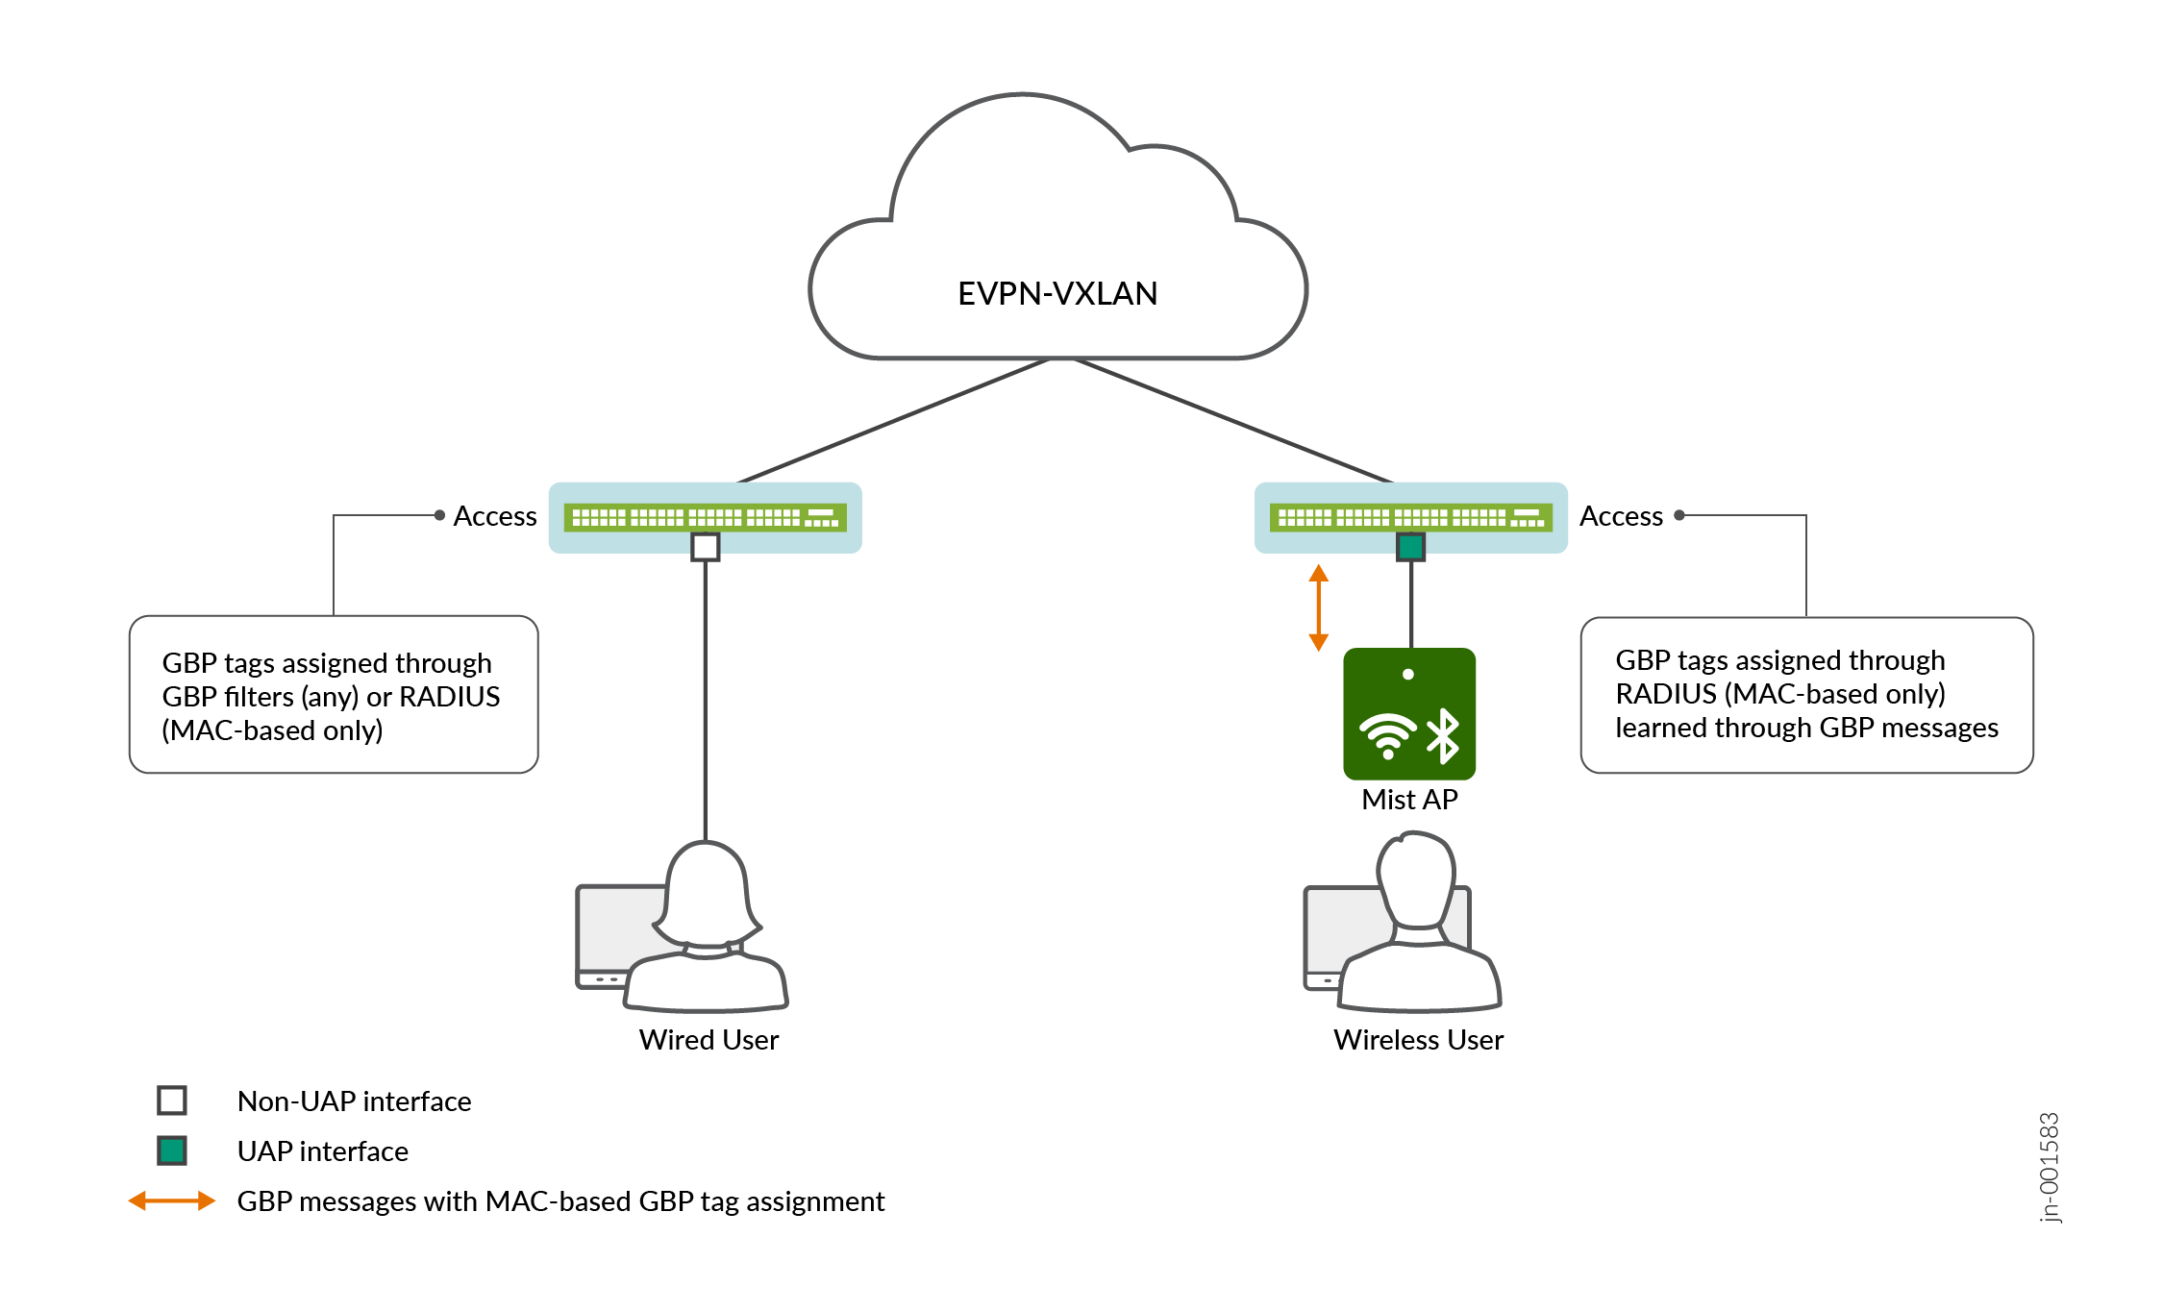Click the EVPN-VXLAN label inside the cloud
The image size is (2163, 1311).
(1057, 293)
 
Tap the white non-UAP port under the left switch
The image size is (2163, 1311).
(706, 547)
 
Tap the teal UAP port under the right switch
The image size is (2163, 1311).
(1410, 547)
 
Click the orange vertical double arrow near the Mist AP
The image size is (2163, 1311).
(1319, 607)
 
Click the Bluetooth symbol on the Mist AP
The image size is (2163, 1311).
(1443, 736)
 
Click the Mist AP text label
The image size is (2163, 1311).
(1409, 800)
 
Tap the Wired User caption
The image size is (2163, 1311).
(709, 1040)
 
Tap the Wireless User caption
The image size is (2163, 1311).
(1418, 1040)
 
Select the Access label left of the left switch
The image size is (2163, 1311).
(494, 516)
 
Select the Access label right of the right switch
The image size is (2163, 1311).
(1621, 516)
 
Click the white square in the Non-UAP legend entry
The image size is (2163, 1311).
(172, 1100)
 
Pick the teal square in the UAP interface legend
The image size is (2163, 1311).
(172, 1150)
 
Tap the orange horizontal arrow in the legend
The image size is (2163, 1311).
(172, 1200)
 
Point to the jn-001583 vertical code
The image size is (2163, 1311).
(2049, 1167)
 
